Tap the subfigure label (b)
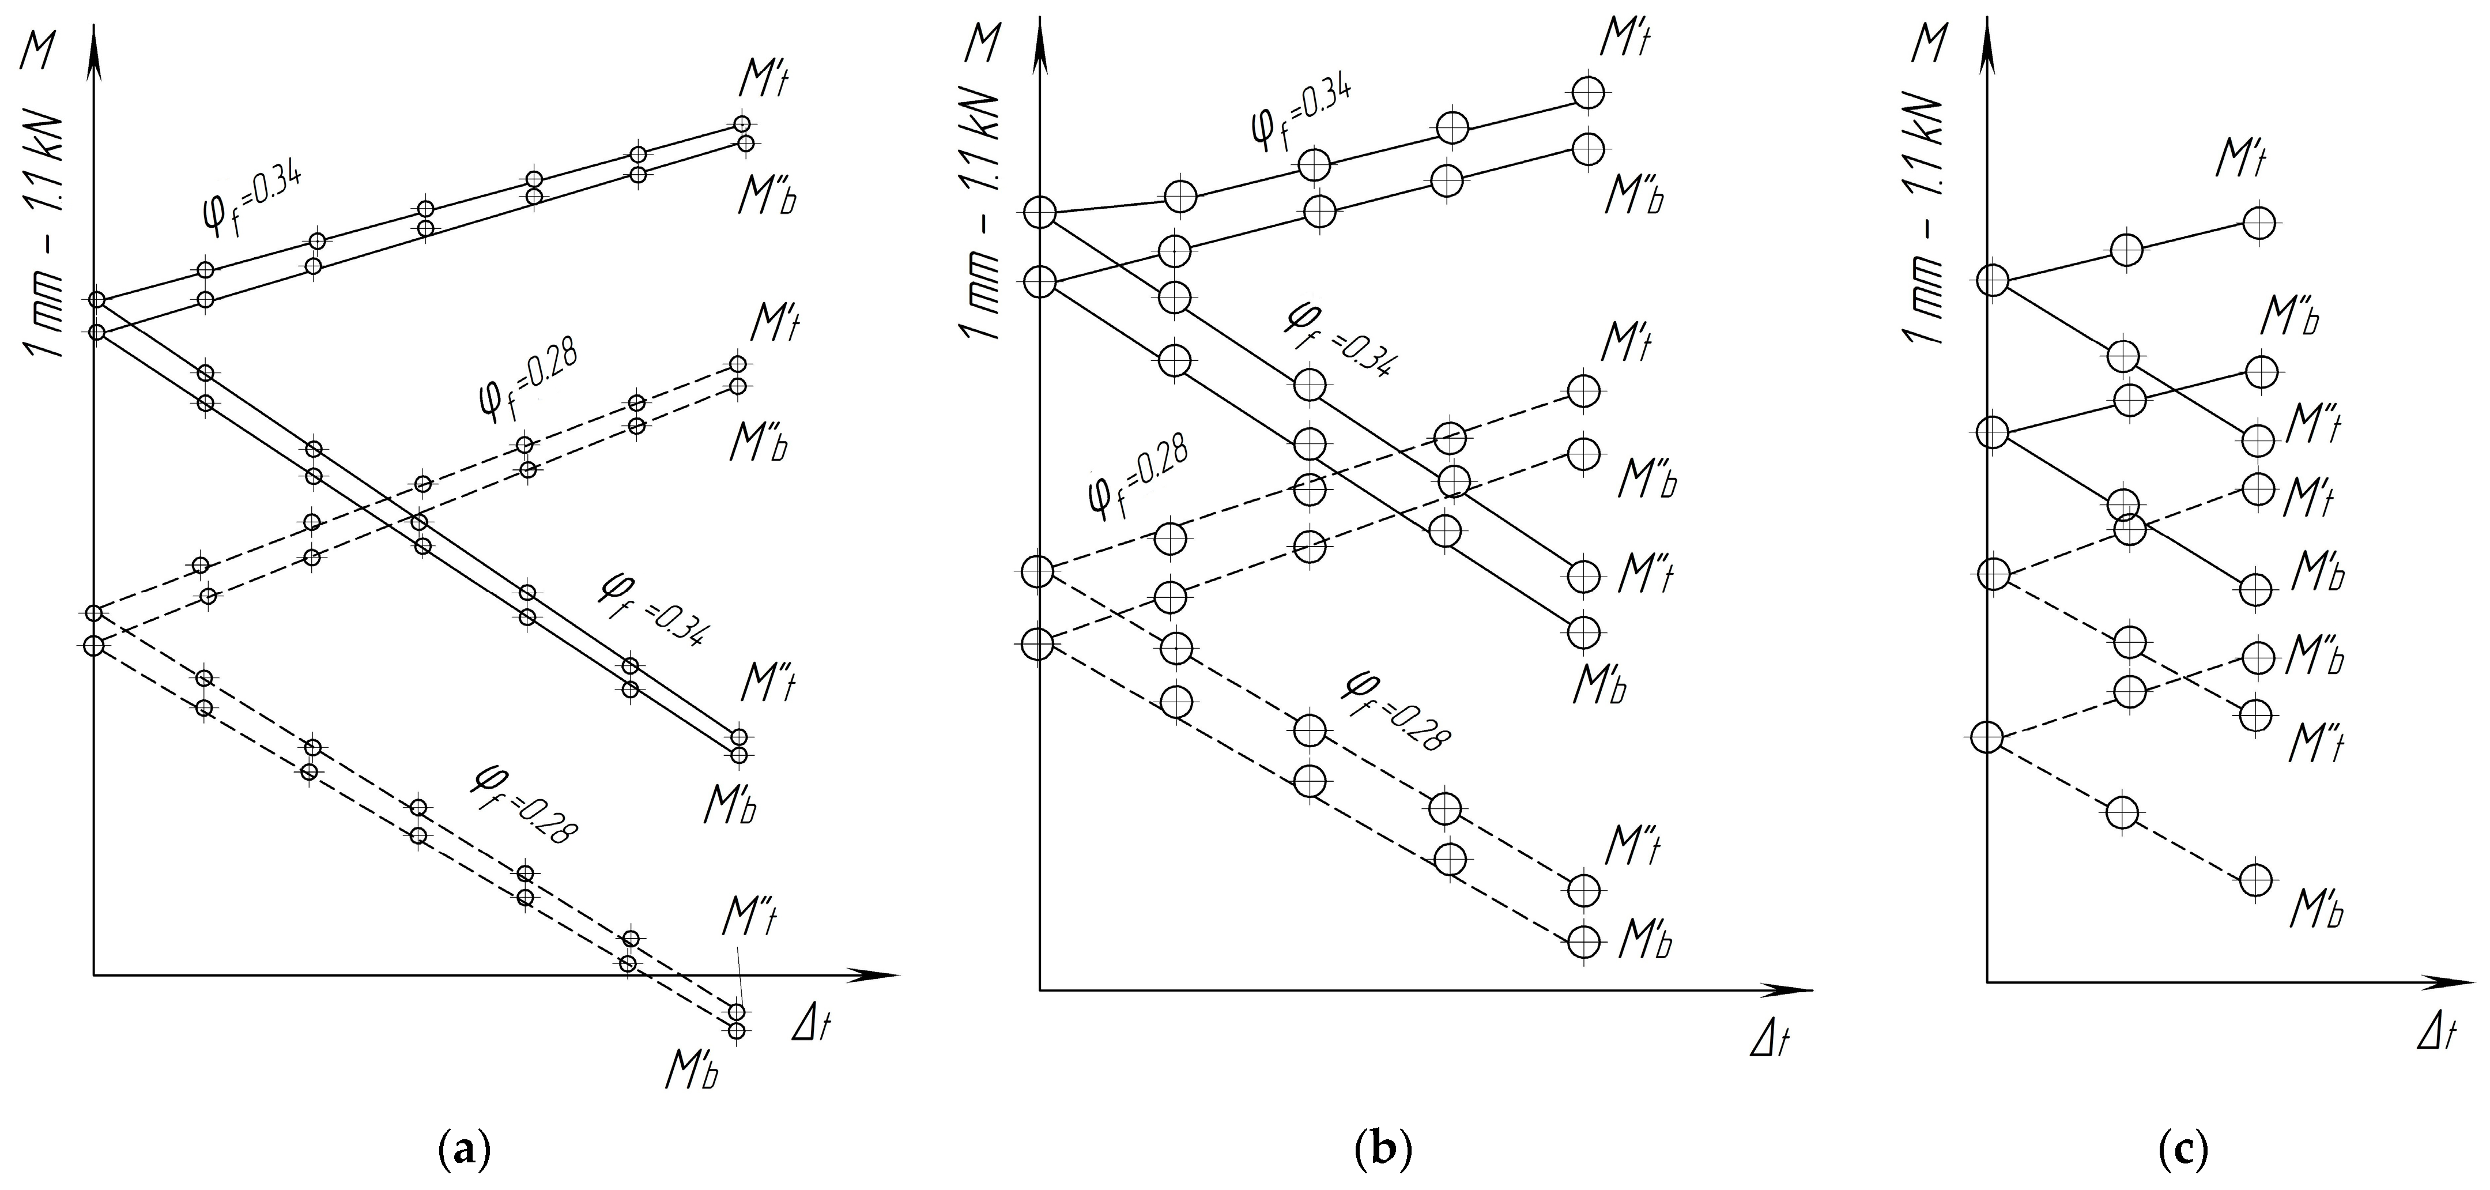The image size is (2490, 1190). [1383, 1150]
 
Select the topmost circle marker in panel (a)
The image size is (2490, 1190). [741, 124]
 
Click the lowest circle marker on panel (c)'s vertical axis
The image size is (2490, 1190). [1986, 737]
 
